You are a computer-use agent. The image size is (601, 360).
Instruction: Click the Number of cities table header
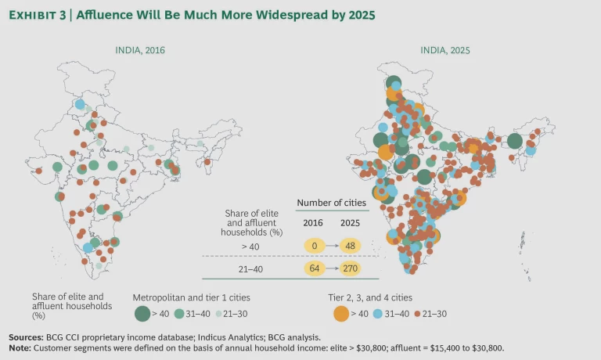pos(331,203)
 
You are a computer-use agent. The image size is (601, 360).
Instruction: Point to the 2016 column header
pos(312,221)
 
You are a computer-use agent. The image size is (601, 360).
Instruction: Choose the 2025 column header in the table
pos(351,221)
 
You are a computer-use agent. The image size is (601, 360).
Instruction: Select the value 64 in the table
pos(313,268)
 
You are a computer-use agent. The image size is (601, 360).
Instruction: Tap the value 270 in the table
pos(352,268)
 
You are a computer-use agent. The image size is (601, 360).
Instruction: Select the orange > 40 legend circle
pos(340,314)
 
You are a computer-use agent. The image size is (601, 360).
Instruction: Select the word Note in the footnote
pos(21,347)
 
